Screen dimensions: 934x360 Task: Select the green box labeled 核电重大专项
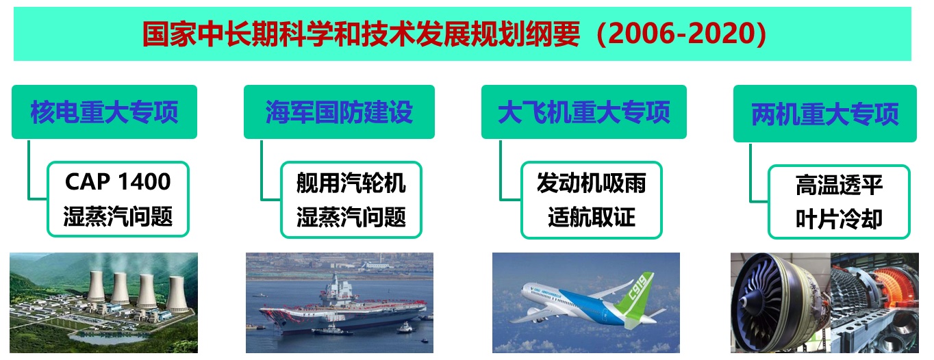click(104, 112)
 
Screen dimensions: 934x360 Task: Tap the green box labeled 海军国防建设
click(339, 112)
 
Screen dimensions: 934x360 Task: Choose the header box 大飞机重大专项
click(583, 112)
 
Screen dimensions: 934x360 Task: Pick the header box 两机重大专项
click(824, 114)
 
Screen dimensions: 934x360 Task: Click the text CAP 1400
click(118, 181)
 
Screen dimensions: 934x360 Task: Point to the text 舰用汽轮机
click(351, 183)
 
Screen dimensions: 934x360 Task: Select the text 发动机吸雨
click(591, 183)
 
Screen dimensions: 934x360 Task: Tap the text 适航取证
click(591, 217)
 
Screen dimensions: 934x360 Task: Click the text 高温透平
click(839, 185)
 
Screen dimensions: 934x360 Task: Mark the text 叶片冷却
click(839, 219)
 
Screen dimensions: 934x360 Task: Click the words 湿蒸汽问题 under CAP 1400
click(118, 217)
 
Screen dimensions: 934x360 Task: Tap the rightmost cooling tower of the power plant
click(177, 294)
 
